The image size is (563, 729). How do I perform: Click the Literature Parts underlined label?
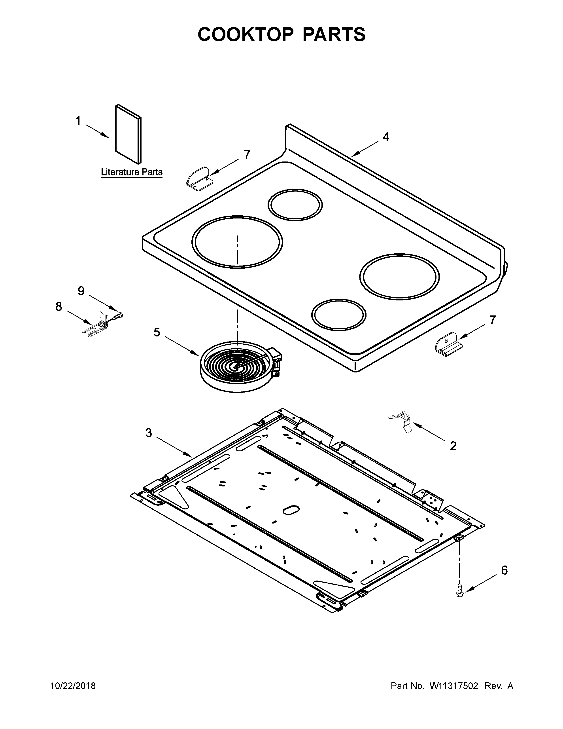pos(132,173)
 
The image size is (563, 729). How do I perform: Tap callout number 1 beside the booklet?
pos(78,121)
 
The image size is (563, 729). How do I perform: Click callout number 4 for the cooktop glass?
pos(385,137)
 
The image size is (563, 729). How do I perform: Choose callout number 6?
pos(504,570)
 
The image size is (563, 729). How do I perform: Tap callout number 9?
pos(81,291)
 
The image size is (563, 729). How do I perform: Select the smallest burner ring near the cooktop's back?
pos(295,205)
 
